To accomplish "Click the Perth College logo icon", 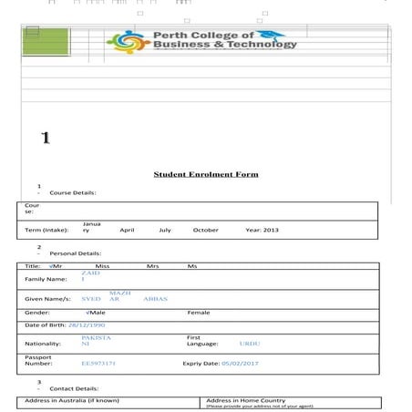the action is tap(127, 41).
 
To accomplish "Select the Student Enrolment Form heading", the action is tap(205, 174).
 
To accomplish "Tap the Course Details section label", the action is tap(72, 193).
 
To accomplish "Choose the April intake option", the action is tap(127, 231).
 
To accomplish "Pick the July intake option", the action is tap(165, 231).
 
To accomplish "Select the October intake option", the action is tap(205, 231).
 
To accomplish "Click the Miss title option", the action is tap(102, 265).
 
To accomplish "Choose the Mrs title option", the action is tap(152, 265).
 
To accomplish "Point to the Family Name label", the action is tap(46, 279).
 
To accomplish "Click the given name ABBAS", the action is tap(156, 299).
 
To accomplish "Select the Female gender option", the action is tap(198, 313).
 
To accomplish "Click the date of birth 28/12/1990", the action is tap(87, 324).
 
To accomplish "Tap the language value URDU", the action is tap(249, 344).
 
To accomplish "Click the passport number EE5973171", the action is tap(98, 363).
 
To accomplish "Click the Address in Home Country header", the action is tap(245, 400).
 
